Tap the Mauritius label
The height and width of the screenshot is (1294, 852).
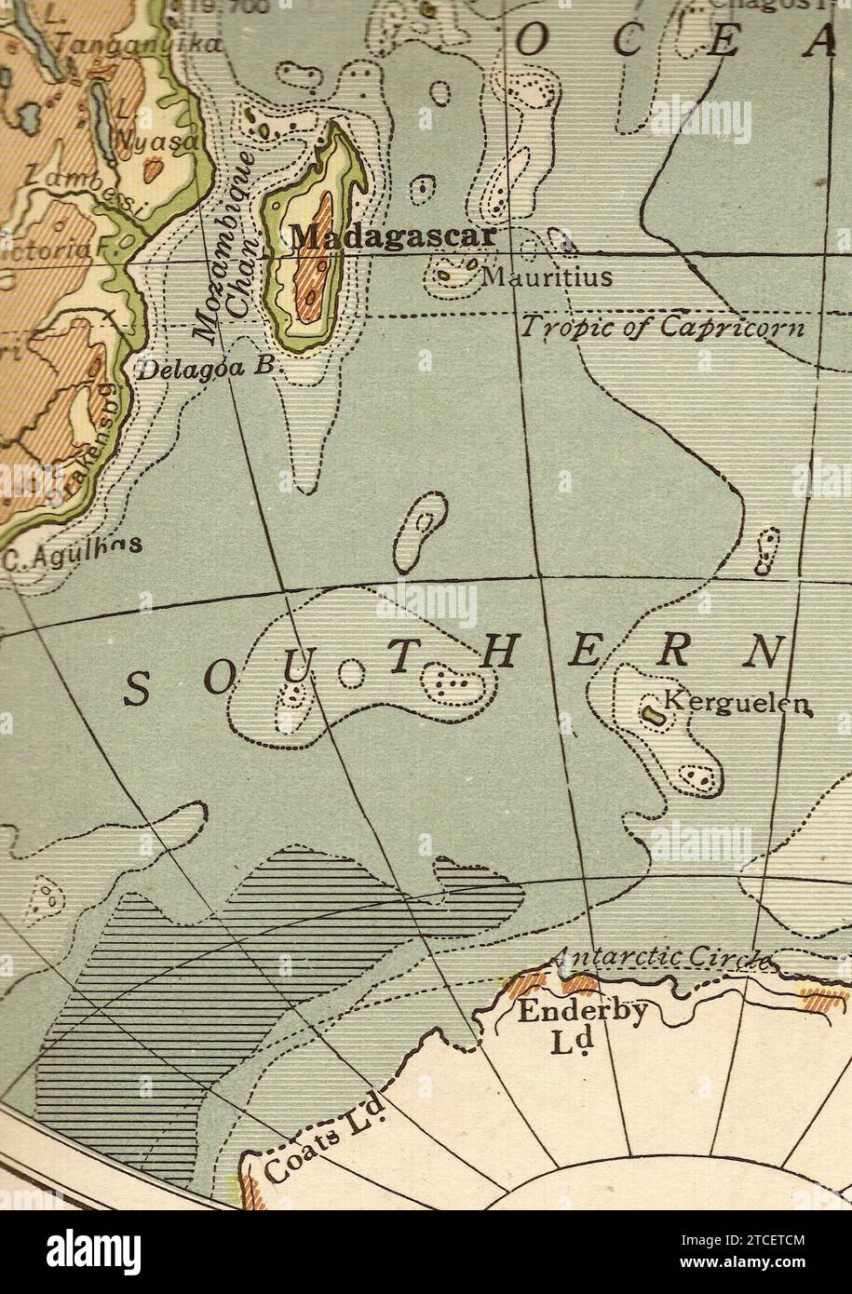[x=547, y=276]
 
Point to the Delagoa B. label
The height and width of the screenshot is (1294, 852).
[x=206, y=368]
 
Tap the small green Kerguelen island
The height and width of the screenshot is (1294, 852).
[x=654, y=715]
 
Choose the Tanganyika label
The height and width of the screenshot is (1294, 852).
[x=138, y=45]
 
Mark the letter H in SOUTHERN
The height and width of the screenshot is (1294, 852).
[x=497, y=655]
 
